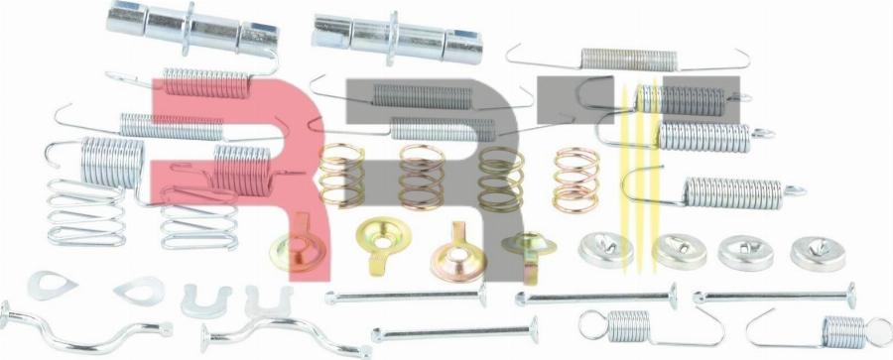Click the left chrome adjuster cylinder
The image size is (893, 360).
point(192,29)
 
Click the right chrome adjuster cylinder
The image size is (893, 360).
point(398,39)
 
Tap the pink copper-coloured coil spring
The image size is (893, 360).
point(575,179)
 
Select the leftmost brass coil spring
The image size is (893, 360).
point(341,175)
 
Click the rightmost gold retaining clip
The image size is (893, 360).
point(529,251)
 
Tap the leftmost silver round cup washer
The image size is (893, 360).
point(606,250)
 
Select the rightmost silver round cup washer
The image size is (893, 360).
point(818,253)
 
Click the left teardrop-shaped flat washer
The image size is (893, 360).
point(52,286)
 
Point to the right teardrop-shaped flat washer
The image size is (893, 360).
point(140,291)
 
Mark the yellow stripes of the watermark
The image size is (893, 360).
point(640,177)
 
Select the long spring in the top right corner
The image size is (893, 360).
point(628,60)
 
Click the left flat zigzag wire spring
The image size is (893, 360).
point(86,213)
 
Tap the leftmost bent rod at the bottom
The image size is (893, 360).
point(85,329)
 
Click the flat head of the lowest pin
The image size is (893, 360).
point(534,330)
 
